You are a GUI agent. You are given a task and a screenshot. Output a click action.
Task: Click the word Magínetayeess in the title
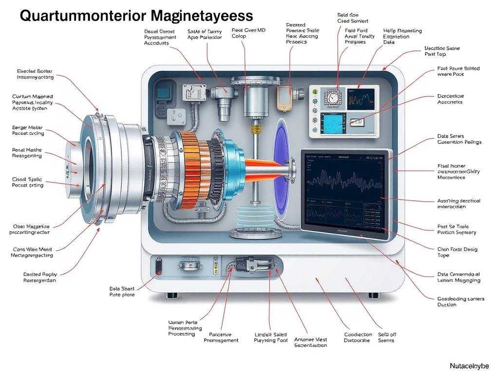202,16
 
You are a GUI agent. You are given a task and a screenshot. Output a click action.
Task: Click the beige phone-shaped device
284,97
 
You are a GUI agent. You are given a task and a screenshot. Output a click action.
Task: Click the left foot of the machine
171,295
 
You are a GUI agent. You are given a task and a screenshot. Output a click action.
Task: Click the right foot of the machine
374,295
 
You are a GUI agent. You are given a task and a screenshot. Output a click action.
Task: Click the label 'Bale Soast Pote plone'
122,292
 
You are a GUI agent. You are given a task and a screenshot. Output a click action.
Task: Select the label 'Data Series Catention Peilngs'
459,139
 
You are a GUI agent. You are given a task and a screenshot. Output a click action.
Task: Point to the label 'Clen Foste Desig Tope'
457,252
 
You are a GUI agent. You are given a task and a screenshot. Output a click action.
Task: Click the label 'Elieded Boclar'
36,74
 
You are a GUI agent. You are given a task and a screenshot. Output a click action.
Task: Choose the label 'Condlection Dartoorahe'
358,337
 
